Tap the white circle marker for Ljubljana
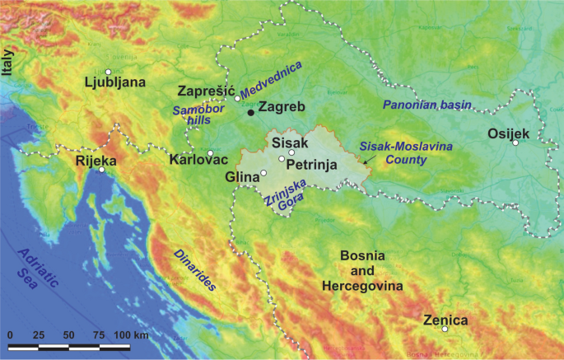tap(108, 72)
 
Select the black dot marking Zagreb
tap(251, 113)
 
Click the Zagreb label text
tap(282, 107)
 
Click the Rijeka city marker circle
tap(101, 171)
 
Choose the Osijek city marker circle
tap(515, 143)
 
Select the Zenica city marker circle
tap(445, 330)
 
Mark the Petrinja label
tap(312, 165)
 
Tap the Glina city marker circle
tap(263, 173)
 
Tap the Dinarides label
tap(194, 270)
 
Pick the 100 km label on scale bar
tap(133, 335)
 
